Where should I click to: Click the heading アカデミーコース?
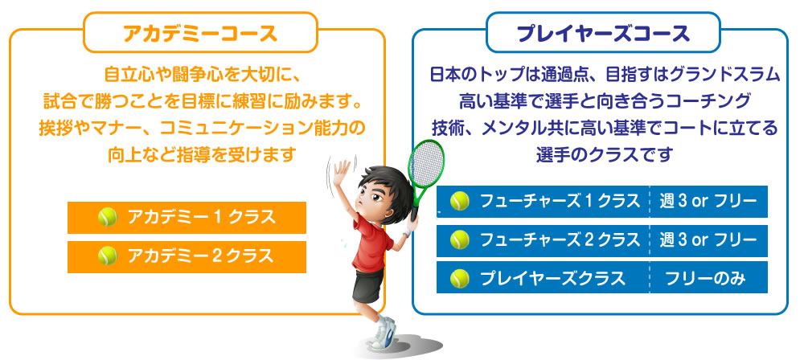200,34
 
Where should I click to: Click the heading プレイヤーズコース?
603,34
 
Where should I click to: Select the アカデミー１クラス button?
187,218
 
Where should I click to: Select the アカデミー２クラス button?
187,257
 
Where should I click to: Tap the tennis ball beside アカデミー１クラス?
108,218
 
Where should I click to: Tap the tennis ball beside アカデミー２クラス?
108,256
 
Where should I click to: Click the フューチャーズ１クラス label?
560,202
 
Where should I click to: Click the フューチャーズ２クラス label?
560,240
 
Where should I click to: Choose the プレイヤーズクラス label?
553,279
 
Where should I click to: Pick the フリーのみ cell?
705,279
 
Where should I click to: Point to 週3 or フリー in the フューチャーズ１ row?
708,202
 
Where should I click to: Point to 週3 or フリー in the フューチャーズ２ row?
708,240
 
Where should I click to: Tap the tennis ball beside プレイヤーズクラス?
460,279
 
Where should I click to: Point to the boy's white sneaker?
384,333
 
